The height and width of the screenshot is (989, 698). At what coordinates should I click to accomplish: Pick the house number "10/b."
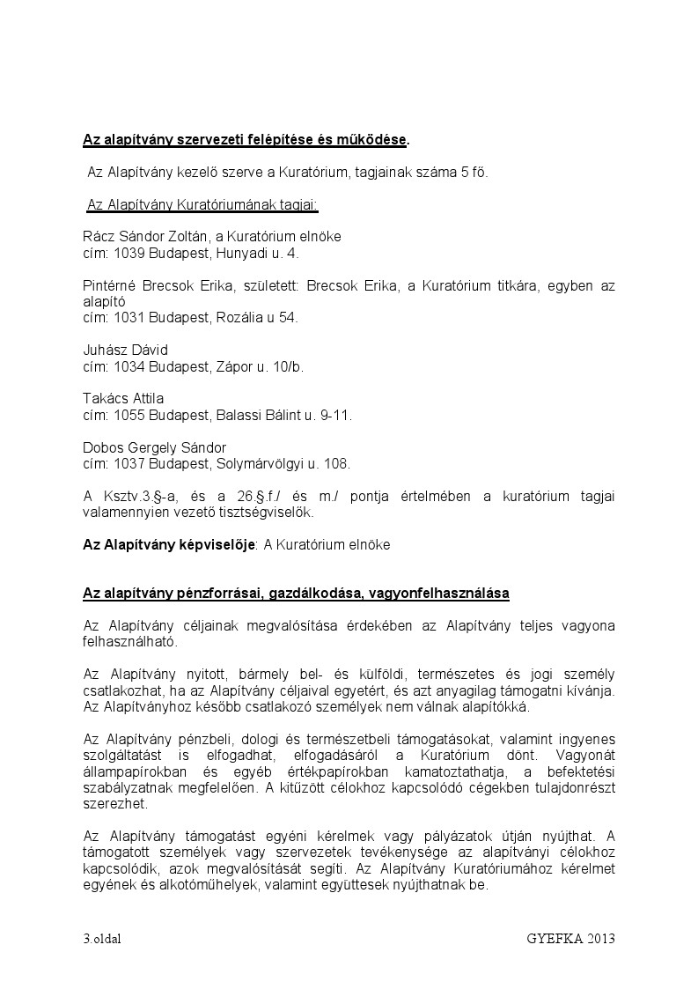click(x=286, y=366)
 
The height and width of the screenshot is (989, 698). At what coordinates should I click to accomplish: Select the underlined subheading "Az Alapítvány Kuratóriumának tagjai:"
click(x=202, y=205)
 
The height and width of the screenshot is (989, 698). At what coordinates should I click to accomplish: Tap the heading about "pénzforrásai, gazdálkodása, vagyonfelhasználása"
click(x=296, y=594)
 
